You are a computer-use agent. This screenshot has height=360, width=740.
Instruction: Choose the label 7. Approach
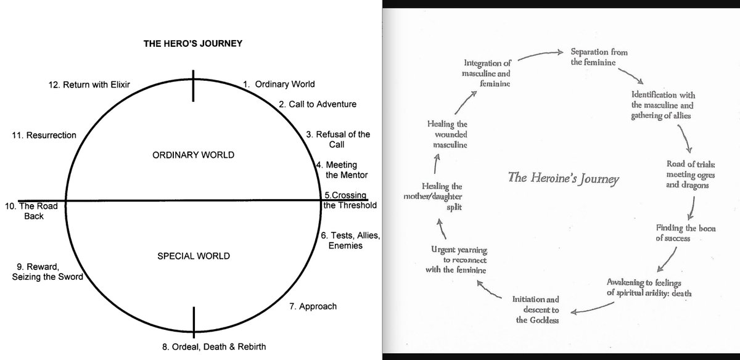coord(313,306)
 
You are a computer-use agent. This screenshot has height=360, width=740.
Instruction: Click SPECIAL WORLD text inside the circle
coord(193,255)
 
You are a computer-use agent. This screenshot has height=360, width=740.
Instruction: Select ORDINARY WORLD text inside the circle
coord(193,155)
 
